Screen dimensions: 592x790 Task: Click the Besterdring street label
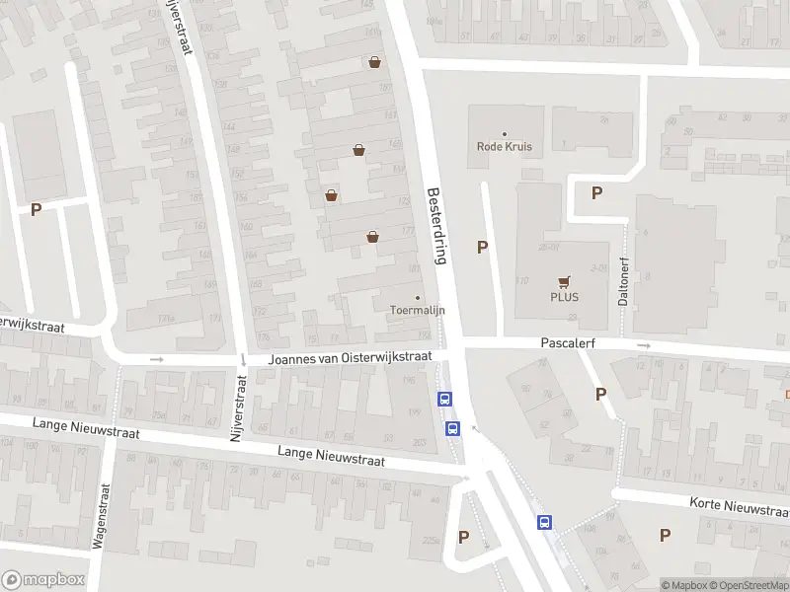(x=437, y=226)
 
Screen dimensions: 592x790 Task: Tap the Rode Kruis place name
(x=505, y=147)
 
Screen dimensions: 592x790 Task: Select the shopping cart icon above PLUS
(x=564, y=280)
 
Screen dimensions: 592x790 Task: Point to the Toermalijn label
(x=417, y=310)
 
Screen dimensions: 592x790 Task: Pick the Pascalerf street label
(x=566, y=343)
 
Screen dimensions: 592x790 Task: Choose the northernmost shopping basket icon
(x=375, y=62)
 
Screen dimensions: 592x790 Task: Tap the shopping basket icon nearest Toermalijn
(x=372, y=236)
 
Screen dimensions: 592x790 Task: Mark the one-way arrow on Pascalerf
(x=644, y=345)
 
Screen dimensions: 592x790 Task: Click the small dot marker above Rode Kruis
(x=505, y=134)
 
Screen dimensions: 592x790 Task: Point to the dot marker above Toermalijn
(x=417, y=297)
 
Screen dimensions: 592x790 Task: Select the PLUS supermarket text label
(x=564, y=297)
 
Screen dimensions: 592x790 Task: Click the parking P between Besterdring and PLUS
(x=483, y=248)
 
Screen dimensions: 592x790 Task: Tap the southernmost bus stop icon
(x=544, y=522)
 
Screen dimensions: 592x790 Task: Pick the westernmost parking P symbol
(x=37, y=209)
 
